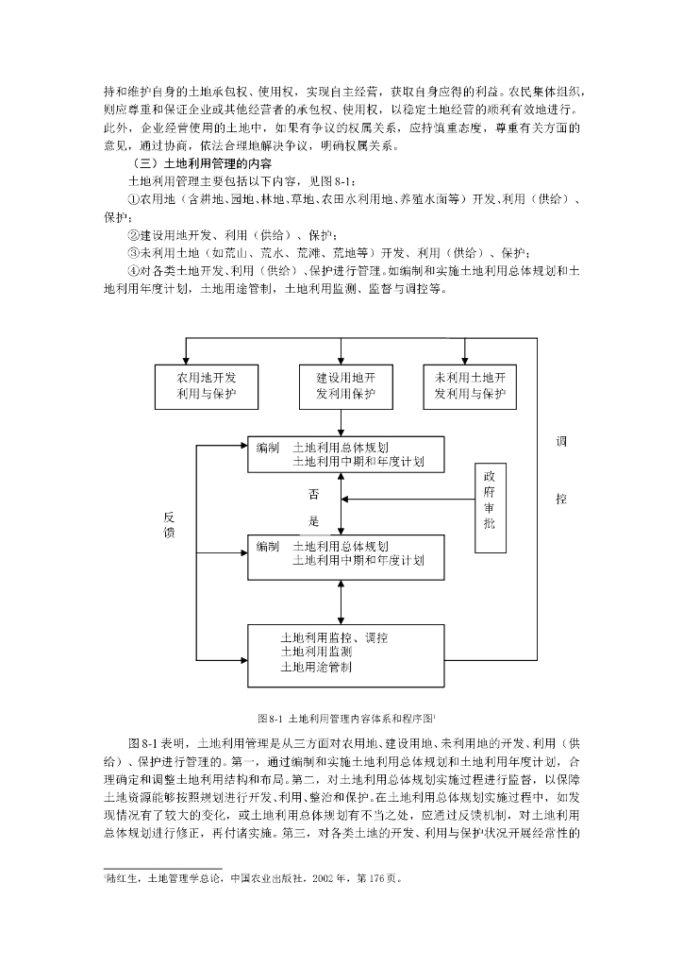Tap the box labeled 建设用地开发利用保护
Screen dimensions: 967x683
345,385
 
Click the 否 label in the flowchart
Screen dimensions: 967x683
313,494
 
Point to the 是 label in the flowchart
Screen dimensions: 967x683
313,520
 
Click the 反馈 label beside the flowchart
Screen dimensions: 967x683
169,525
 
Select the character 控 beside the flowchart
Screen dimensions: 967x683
560,498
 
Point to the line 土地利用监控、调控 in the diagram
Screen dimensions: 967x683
334,637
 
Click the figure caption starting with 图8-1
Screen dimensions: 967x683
345,719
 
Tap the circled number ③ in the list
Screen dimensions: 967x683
133,253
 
